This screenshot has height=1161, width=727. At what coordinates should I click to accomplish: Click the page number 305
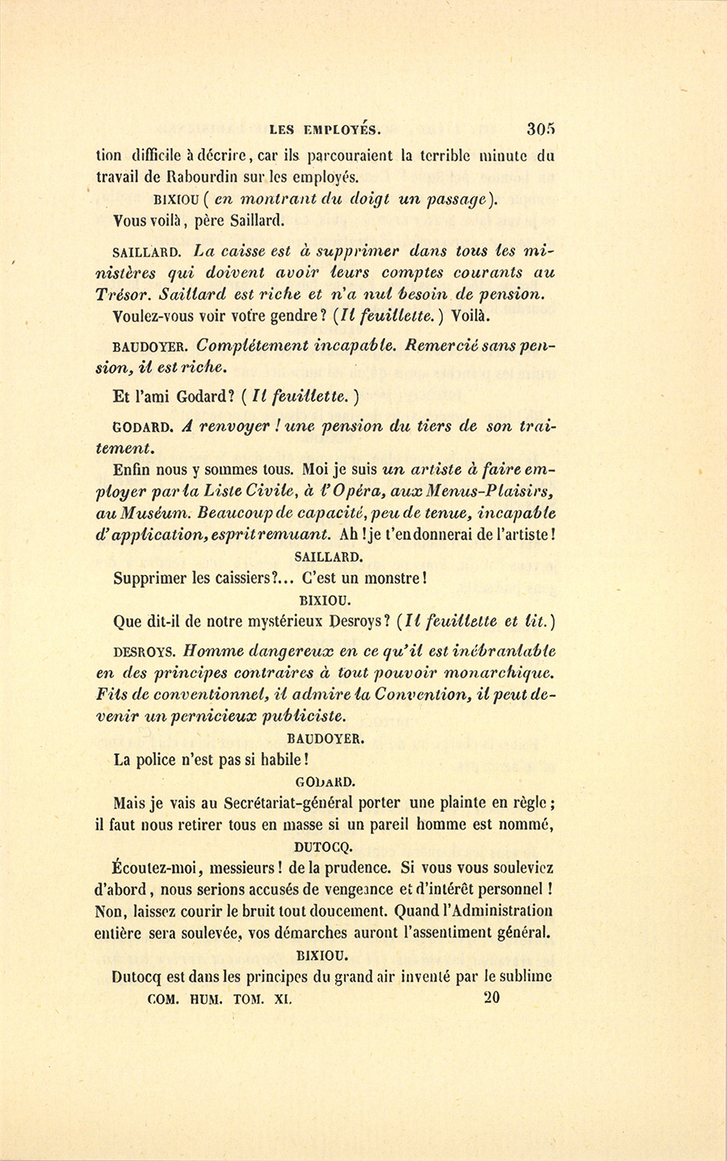click(x=540, y=128)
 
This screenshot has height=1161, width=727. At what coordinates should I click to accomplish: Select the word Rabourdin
click(x=212, y=178)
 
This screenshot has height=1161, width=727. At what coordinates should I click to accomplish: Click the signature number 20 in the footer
click(x=491, y=998)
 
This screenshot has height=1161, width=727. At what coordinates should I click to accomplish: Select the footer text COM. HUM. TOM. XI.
click(x=220, y=998)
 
